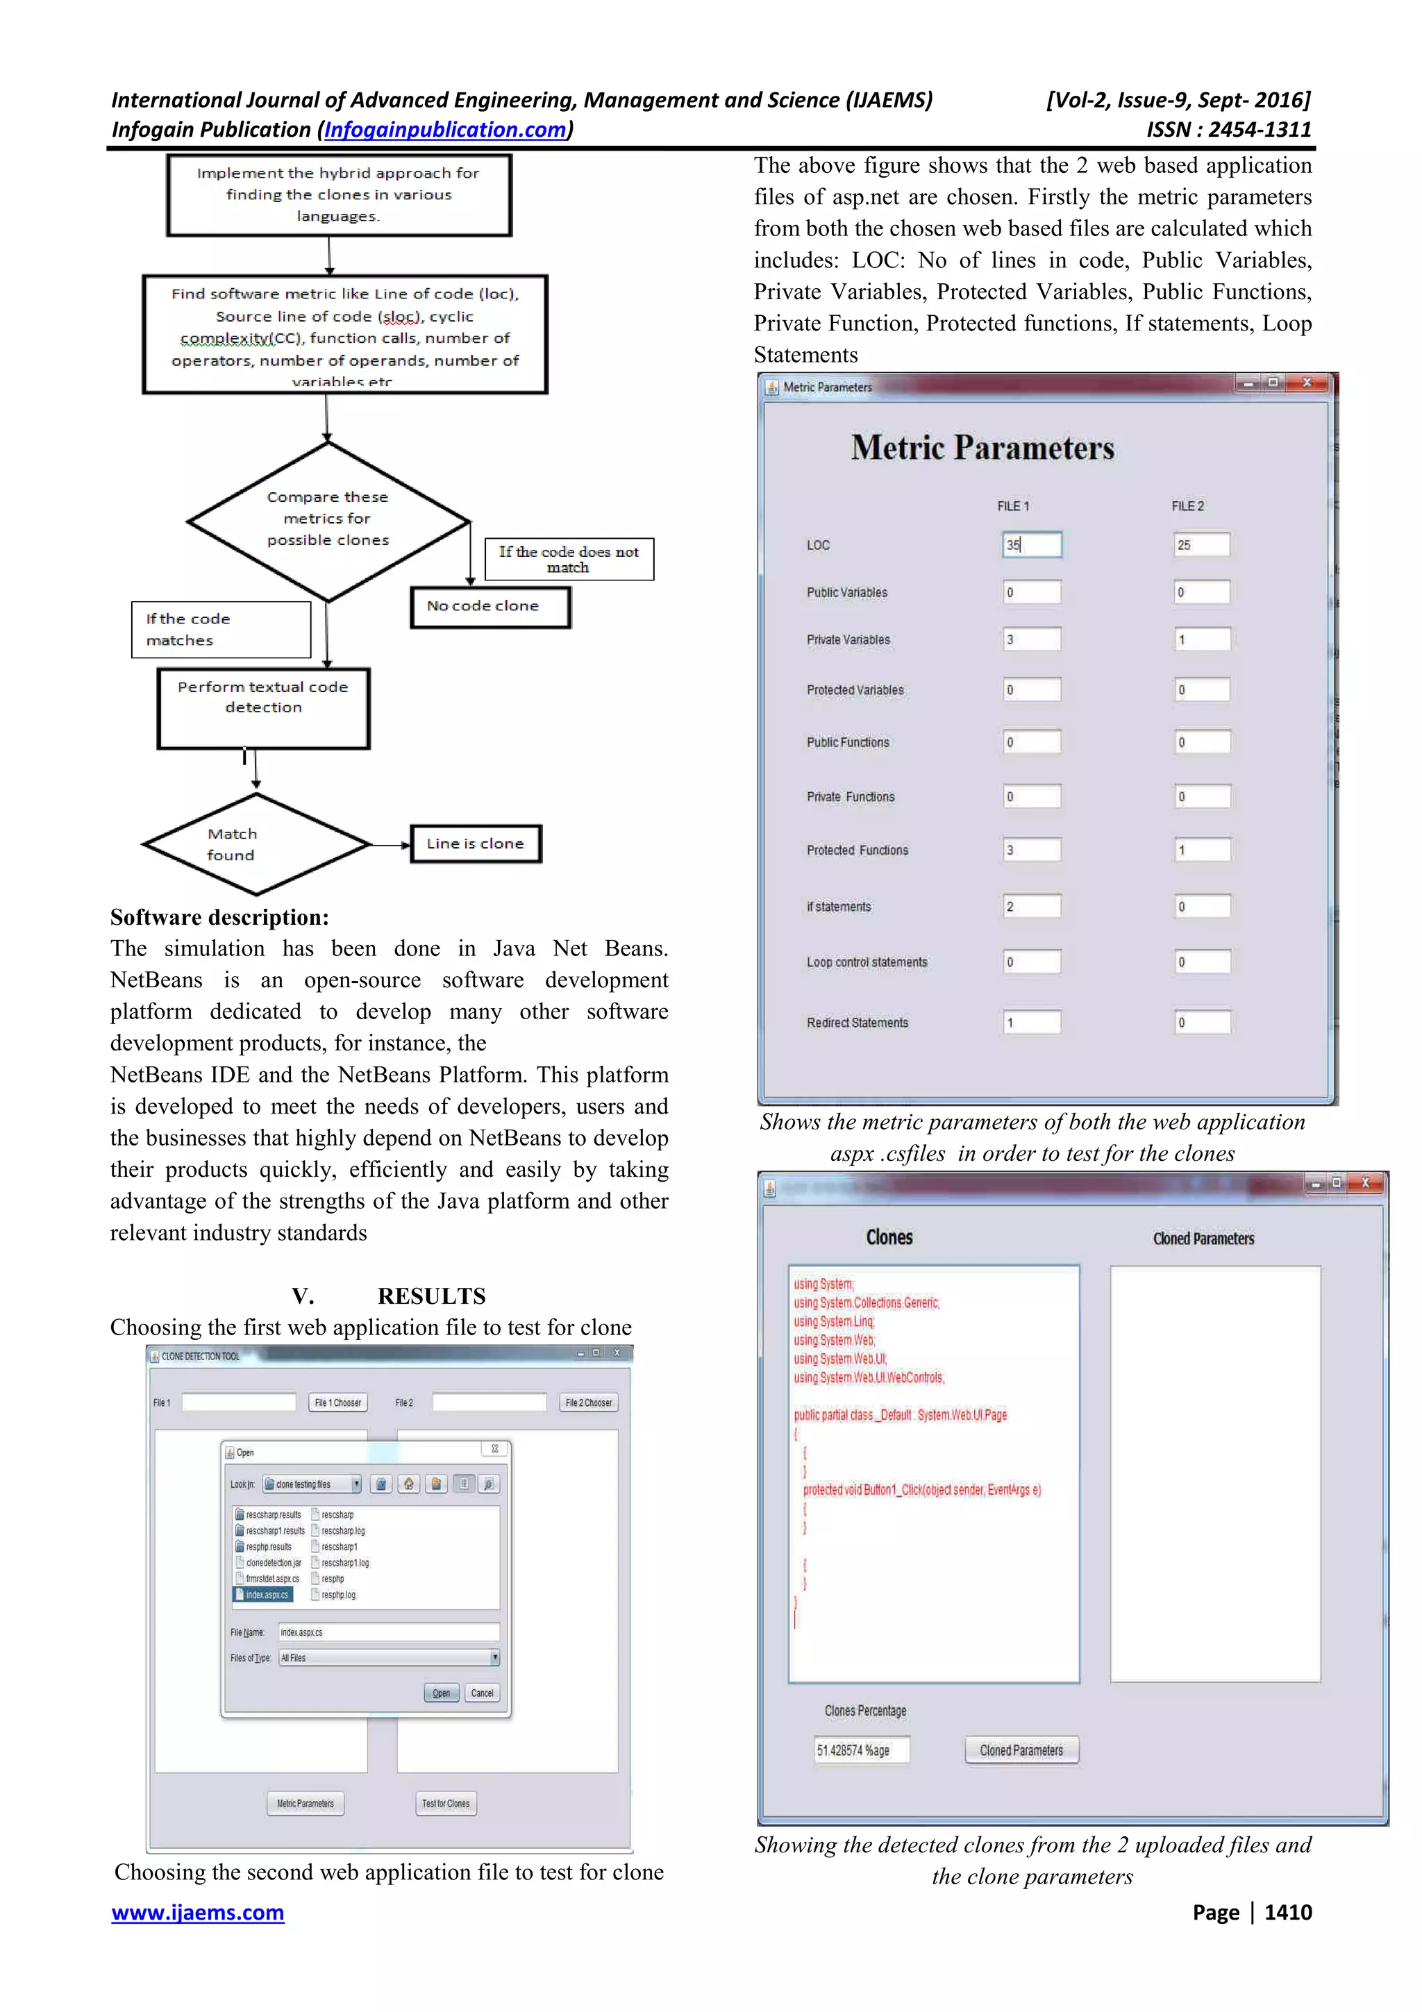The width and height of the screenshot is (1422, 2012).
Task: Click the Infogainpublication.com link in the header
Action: click(445, 130)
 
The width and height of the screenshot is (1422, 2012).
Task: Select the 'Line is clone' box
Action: click(476, 843)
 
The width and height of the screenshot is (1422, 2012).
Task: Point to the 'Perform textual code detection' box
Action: click(263, 707)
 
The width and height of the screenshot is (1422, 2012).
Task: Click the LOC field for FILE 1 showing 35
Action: click(1031, 544)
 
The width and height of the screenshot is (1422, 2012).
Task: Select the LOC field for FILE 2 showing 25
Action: click(1201, 544)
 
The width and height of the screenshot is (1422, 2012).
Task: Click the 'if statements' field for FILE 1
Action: click(1031, 906)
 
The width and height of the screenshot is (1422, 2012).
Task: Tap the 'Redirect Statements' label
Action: click(857, 1023)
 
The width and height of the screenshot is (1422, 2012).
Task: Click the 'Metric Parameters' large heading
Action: click(982, 448)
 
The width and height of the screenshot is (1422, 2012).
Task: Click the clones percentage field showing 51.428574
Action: click(861, 1750)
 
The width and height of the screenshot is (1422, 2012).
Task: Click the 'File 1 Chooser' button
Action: click(338, 1402)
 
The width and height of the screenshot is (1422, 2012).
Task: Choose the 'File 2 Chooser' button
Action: click(589, 1402)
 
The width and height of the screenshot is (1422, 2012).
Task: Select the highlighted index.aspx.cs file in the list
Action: click(265, 1594)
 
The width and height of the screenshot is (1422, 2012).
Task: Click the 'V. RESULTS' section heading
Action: click(388, 1296)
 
